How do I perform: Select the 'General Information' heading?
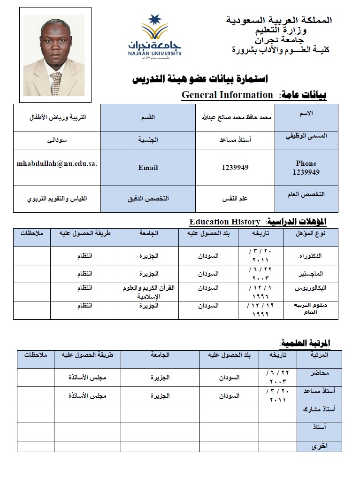tap(227, 95)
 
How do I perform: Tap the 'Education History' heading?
tap(225, 222)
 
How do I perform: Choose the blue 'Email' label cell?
tap(148, 168)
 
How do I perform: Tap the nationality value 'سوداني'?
tap(57, 140)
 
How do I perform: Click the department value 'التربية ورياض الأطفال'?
tap(57, 117)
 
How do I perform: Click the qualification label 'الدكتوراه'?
tap(311, 256)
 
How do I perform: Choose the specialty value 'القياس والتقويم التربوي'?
tap(57, 199)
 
